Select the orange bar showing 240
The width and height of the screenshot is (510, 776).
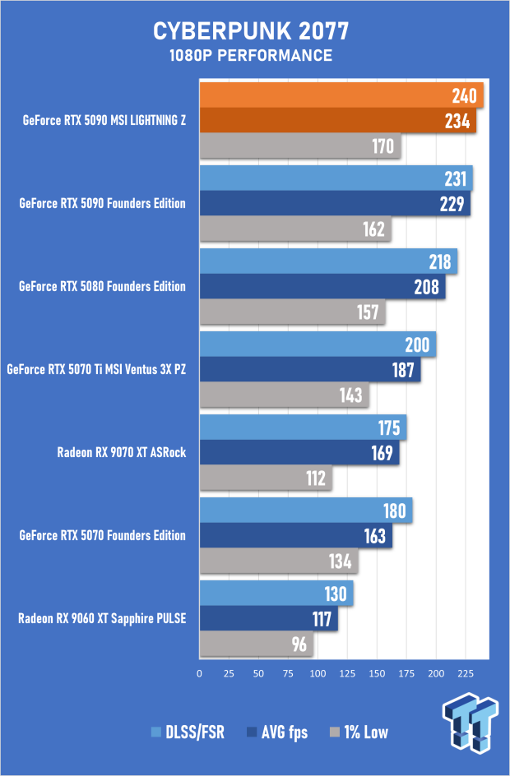click(341, 95)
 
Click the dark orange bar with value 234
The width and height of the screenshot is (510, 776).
click(337, 121)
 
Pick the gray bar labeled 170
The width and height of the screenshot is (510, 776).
click(299, 147)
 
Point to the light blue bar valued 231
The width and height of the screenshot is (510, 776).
click(336, 178)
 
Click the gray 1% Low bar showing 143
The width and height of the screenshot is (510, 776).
click(284, 395)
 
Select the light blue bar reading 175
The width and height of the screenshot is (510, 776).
click(303, 427)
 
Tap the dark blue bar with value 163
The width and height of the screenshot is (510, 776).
click(295, 536)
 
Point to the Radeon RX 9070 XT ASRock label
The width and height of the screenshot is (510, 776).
click(121, 451)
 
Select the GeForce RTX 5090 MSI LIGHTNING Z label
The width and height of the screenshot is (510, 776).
click(104, 120)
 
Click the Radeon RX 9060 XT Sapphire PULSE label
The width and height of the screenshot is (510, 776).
click(102, 617)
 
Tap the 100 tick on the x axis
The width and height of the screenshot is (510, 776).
click(318, 672)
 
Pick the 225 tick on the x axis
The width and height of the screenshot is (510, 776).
click(465, 672)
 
